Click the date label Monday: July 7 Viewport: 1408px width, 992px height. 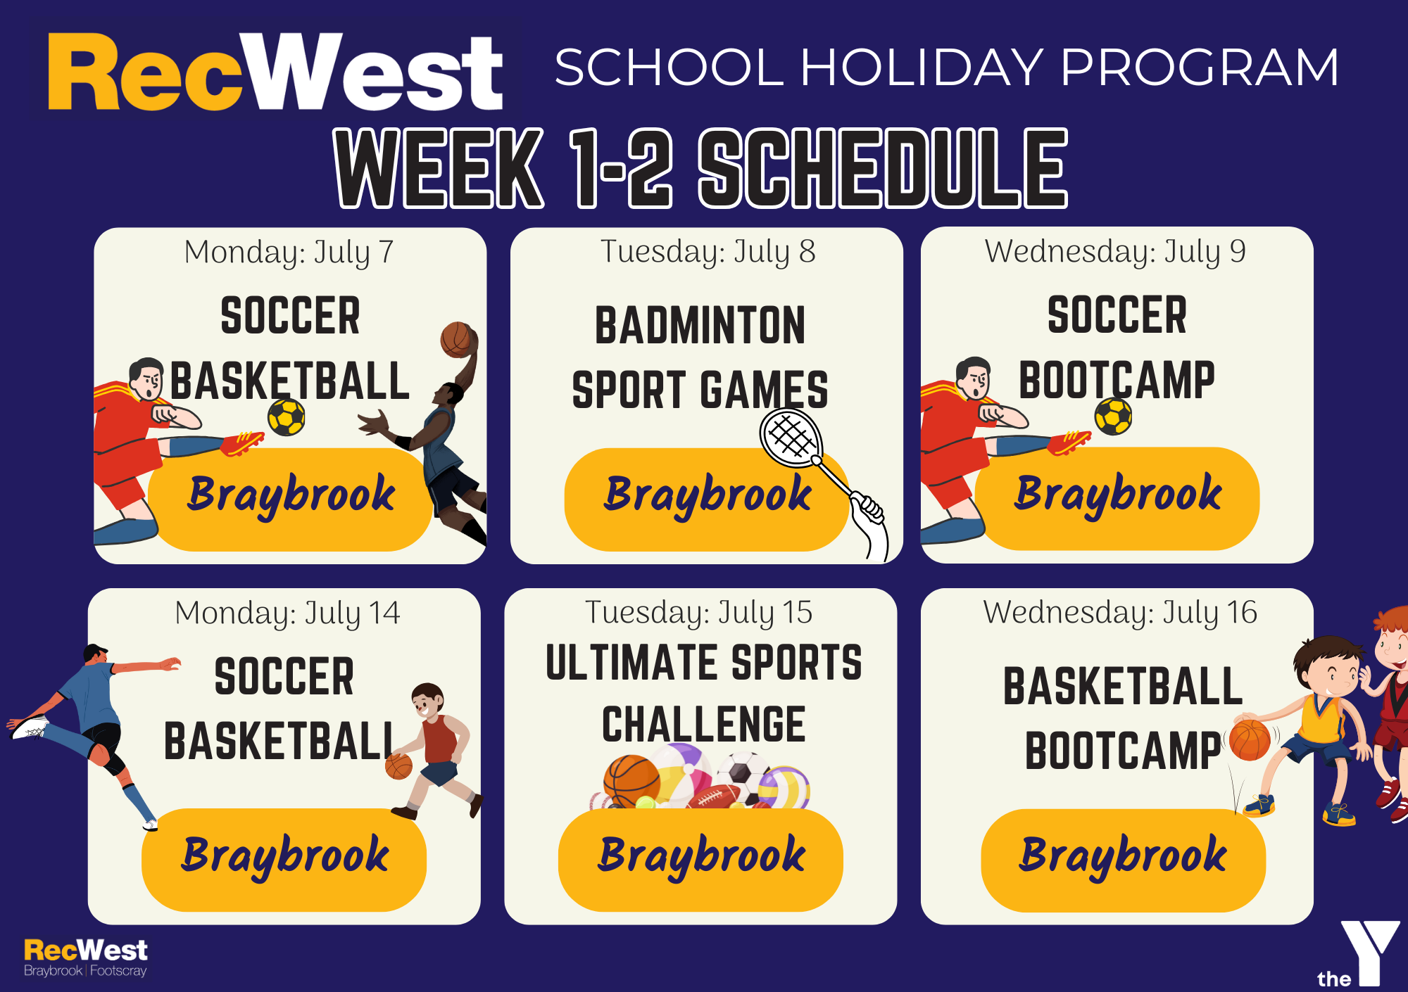pyautogui.click(x=289, y=252)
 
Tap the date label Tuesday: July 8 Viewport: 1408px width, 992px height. pyautogui.click(x=708, y=252)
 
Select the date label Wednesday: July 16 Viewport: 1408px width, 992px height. pyautogui.click(x=1120, y=613)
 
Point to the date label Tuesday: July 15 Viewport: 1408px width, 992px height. pyautogui.click(x=698, y=613)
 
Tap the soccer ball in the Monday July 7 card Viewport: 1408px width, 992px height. pyautogui.click(x=287, y=417)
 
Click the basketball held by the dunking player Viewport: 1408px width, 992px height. pyautogui.click(x=457, y=340)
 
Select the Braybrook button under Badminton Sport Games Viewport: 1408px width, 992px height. pyautogui.click(x=707, y=499)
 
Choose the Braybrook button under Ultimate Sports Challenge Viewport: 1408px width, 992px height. pyautogui.click(x=700, y=860)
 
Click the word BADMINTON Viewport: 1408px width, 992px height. pyautogui.click(x=700, y=325)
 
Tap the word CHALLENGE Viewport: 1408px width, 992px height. pyautogui.click(x=703, y=724)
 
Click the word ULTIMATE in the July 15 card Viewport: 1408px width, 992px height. pyautogui.click(x=629, y=662)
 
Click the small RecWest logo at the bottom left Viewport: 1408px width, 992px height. pyautogui.click(x=86, y=958)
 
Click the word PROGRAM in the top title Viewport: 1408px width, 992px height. pyautogui.click(x=1199, y=68)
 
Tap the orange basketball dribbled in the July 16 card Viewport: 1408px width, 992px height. pyautogui.click(x=1250, y=739)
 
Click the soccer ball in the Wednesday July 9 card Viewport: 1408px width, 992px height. pyautogui.click(x=1113, y=416)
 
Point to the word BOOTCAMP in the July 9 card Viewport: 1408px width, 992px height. pyautogui.click(x=1117, y=380)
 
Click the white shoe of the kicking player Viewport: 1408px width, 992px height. pyautogui.click(x=30, y=727)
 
